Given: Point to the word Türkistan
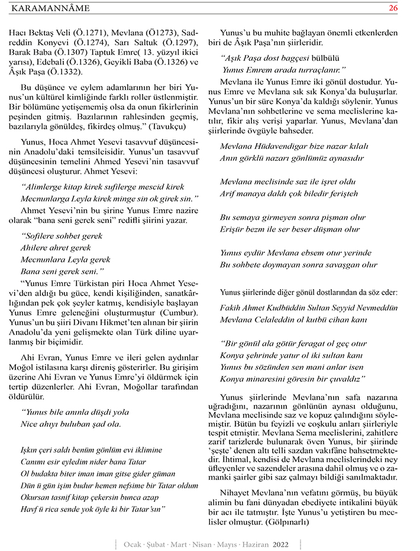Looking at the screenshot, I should [x=99, y=283].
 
